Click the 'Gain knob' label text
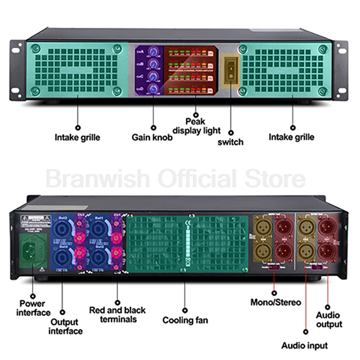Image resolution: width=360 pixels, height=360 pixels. (x=152, y=138)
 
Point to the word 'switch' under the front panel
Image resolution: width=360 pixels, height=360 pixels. (x=230, y=142)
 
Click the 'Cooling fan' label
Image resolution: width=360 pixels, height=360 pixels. (x=185, y=321)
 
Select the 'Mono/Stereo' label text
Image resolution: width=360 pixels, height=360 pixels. (x=275, y=302)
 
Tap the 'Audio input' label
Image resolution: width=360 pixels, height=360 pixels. (x=305, y=346)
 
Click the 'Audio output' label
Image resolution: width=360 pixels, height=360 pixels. (x=328, y=319)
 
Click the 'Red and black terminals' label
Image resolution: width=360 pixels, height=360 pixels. (x=117, y=315)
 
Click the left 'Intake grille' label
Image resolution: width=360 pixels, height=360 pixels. (x=77, y=137)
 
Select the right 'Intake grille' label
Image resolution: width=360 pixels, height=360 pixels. (x=292, y=137)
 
